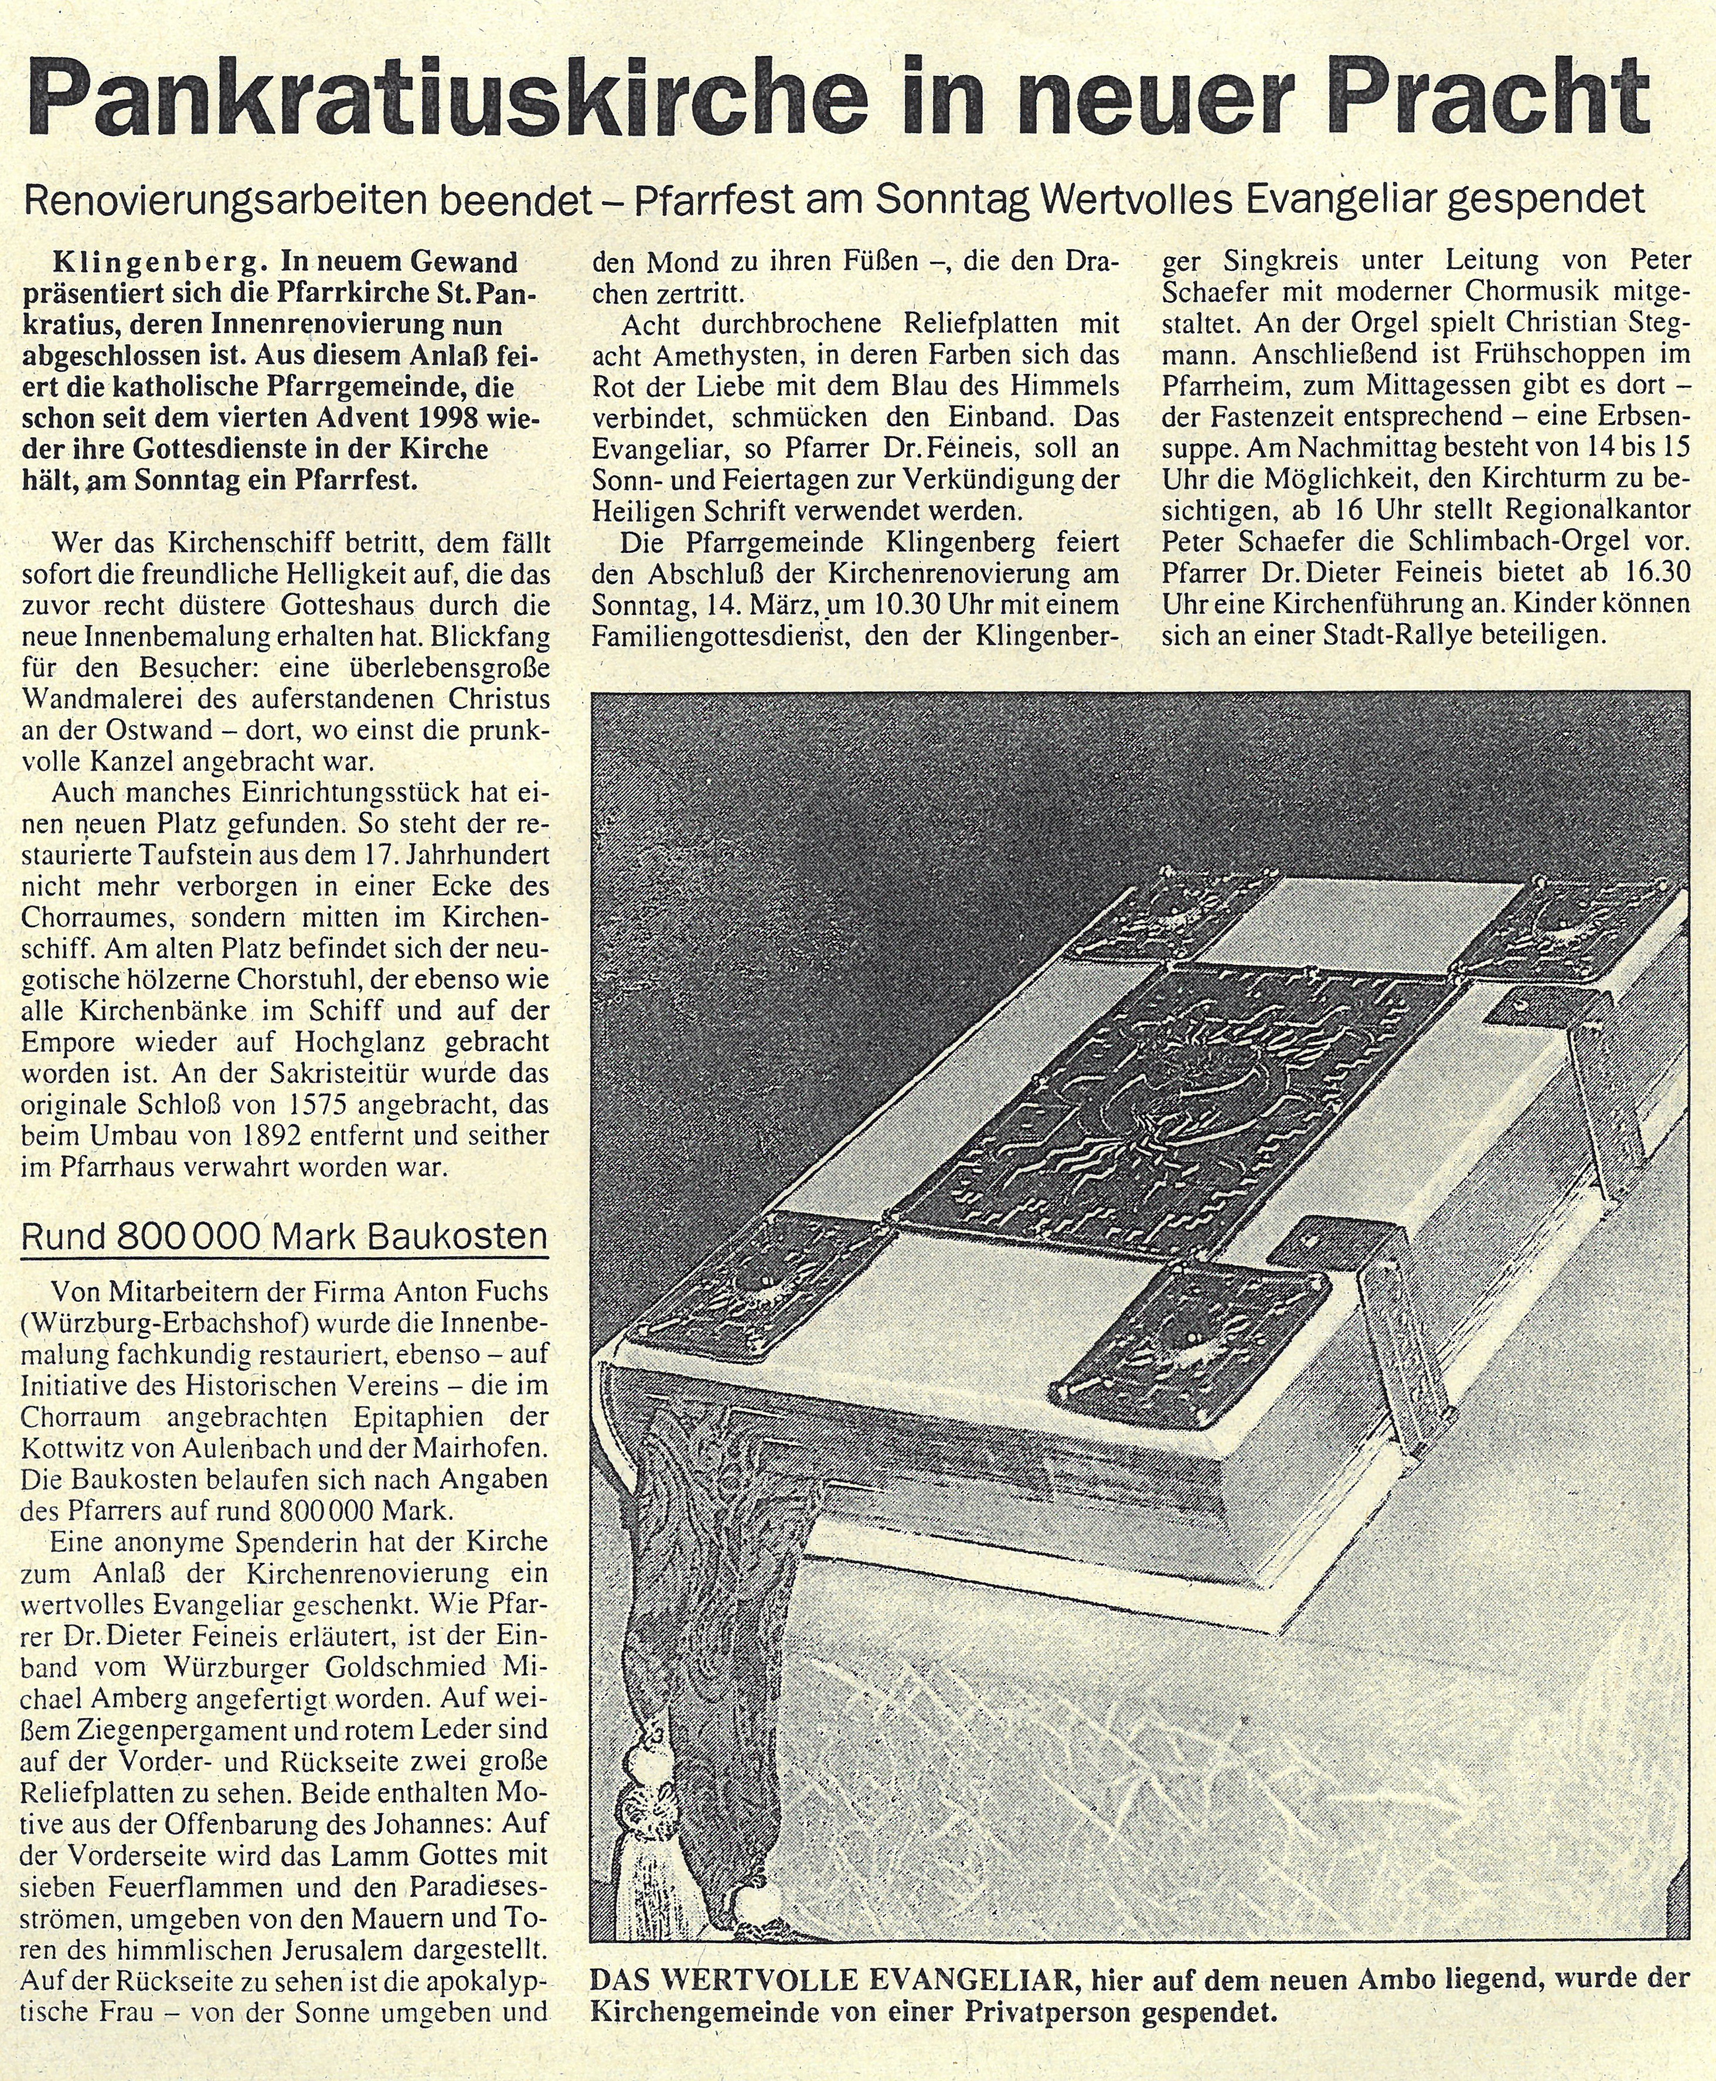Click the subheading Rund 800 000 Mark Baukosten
tap(284, 1237)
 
